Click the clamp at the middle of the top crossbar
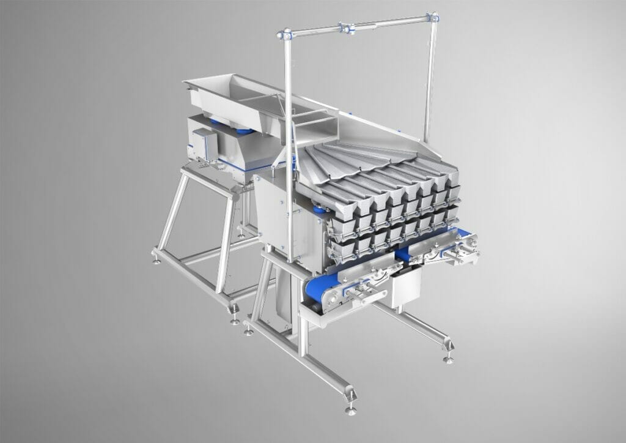coord(347,28)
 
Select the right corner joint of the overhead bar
coord(433,18)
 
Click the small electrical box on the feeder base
coord(204,144)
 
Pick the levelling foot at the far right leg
coord(449,359)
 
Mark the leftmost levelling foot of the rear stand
coord(157,259)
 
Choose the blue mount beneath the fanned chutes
coord(319,209)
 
